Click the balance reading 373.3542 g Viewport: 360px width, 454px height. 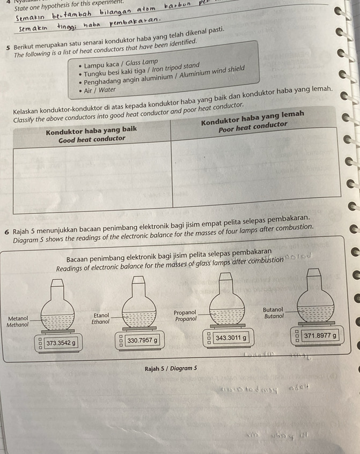pyautogui.click(x=61, y=342)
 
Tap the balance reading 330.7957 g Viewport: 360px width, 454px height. pyautogui.click(x=142, y=340)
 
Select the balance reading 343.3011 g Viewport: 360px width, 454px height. pyautogui.click(x=231, y=338)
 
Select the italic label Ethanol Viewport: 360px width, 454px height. pyautogui.click(x=100, y=322)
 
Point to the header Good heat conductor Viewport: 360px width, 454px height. pyautogui.click(x=93, y=139)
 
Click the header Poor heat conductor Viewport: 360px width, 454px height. pyautogui.click(x=253, y=125)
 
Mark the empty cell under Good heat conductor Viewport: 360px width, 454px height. pyautogui.click(x=91, y=177)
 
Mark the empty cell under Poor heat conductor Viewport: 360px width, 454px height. pyautogui.click(x=255, y=169)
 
